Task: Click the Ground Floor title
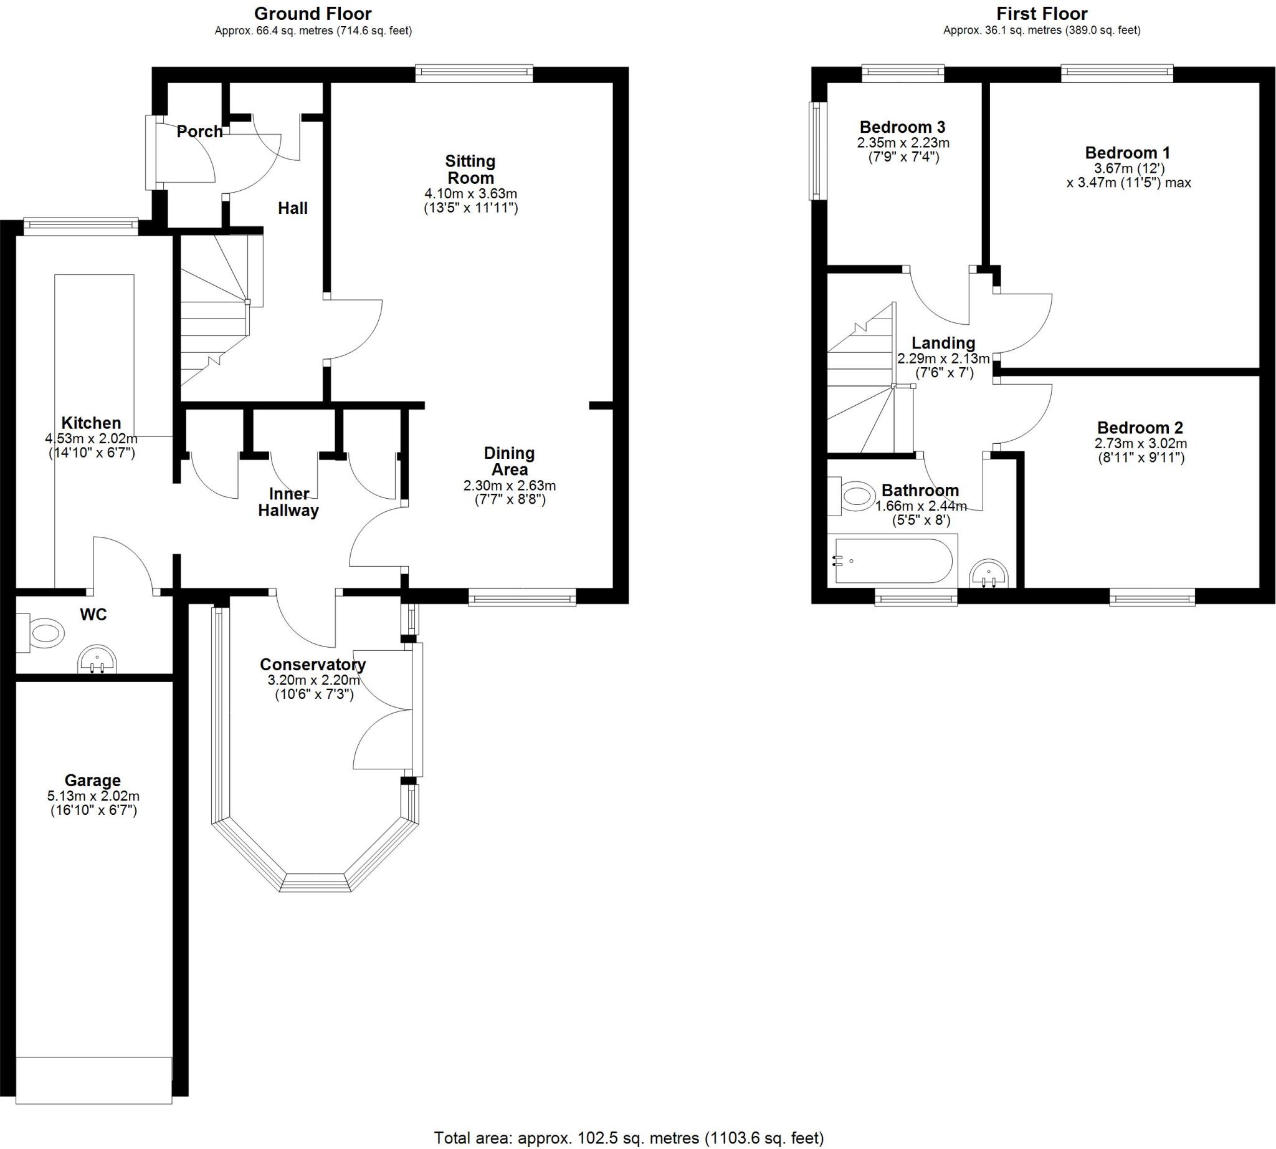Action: [x=313, y=13]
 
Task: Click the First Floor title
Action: [x=1042, y=13]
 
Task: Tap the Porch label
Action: [x=199, y=132]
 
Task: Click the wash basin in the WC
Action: [x=97, y=660]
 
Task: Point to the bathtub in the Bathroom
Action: [x=892, y=560]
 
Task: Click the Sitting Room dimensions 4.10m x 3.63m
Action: [x=471, y=193]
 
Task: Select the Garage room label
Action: [x=93, y=781]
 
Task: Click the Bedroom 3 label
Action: [x=902, y=127]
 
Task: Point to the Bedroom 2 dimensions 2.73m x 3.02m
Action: [x=1140, y=443]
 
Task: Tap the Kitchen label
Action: [x=91, y=422]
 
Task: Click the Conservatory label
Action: [x=313, y=664]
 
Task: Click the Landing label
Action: [x=943, y=343]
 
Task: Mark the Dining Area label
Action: [x=509, y=461]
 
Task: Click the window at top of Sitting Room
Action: [x=474, y=73]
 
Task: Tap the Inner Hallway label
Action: [x=289, y=502]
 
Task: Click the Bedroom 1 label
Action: [x=1128, y=152]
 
